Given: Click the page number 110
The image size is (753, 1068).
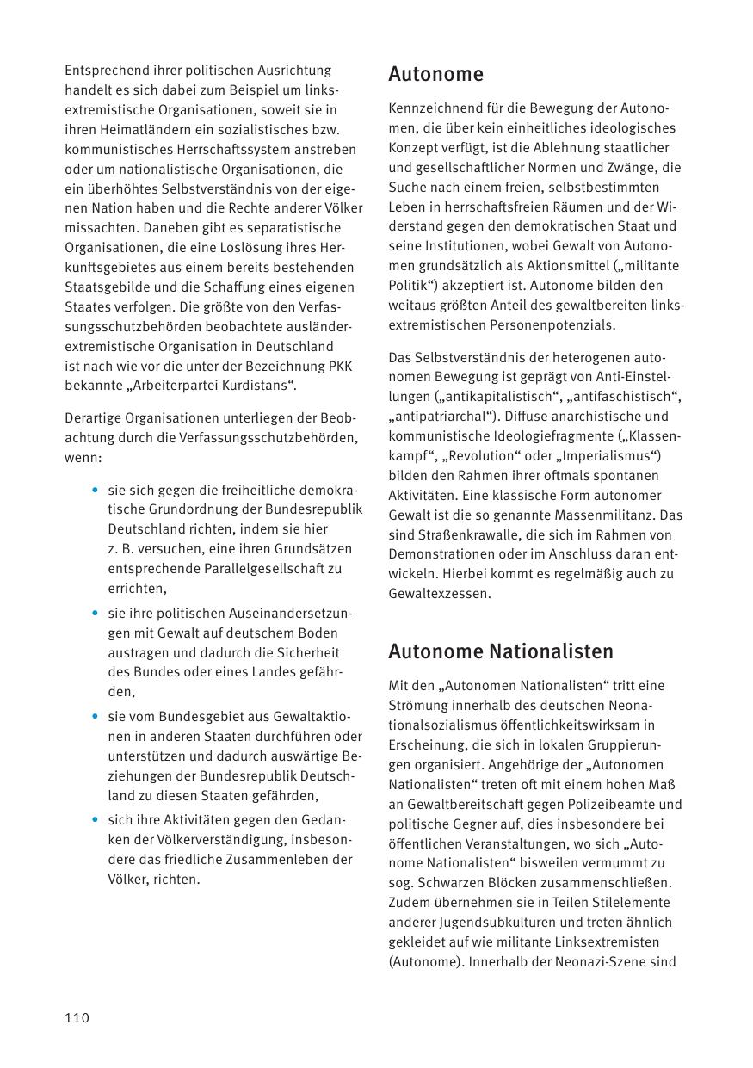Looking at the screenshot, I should pyautogui.click(x=77, y=1018).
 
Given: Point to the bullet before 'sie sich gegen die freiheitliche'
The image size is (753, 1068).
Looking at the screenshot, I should pyautogui.click(x=94, y=490).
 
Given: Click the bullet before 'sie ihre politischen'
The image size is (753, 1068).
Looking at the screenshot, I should pyautogui.click(x=94, y=614).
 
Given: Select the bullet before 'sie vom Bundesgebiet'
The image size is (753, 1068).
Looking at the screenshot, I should pyautogui.click(x=94, y=717).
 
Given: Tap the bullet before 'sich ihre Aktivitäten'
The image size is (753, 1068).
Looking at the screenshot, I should pyautogui.click(x=94, y=819).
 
